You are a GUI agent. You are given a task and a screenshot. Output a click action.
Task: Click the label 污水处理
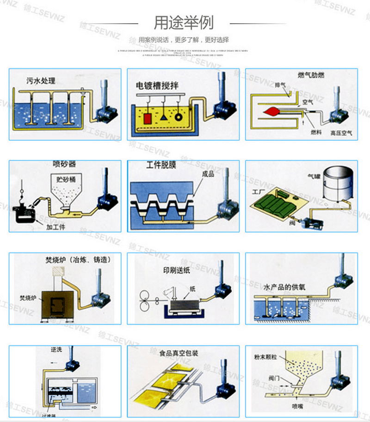(x=41, y=81)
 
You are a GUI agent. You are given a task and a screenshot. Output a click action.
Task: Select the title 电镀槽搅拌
(x=157, y=85)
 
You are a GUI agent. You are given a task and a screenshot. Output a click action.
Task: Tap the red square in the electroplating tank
(x=148, y=118)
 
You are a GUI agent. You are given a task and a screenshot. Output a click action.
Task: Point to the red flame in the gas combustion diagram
(x=271, y=111)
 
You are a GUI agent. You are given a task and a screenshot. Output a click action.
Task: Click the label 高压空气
(x=341, y=133)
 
